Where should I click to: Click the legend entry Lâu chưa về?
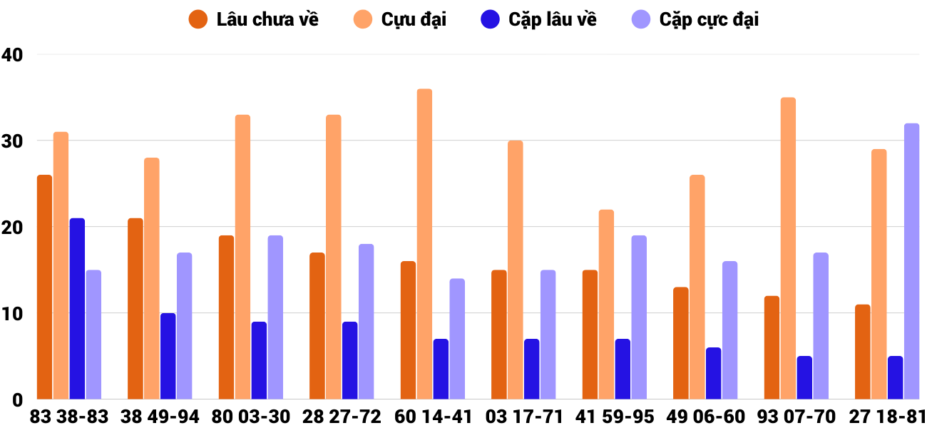coord(253,19)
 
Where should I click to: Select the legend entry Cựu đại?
coord(400,19)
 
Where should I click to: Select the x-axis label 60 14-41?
coord(434,416)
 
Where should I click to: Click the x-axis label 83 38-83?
coord(69,416)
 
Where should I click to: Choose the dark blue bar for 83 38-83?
coord(77,309)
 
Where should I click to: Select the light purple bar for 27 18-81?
coord(911,261)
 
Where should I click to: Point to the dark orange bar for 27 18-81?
coord(862,352)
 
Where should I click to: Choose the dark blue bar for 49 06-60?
coord(713,373)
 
